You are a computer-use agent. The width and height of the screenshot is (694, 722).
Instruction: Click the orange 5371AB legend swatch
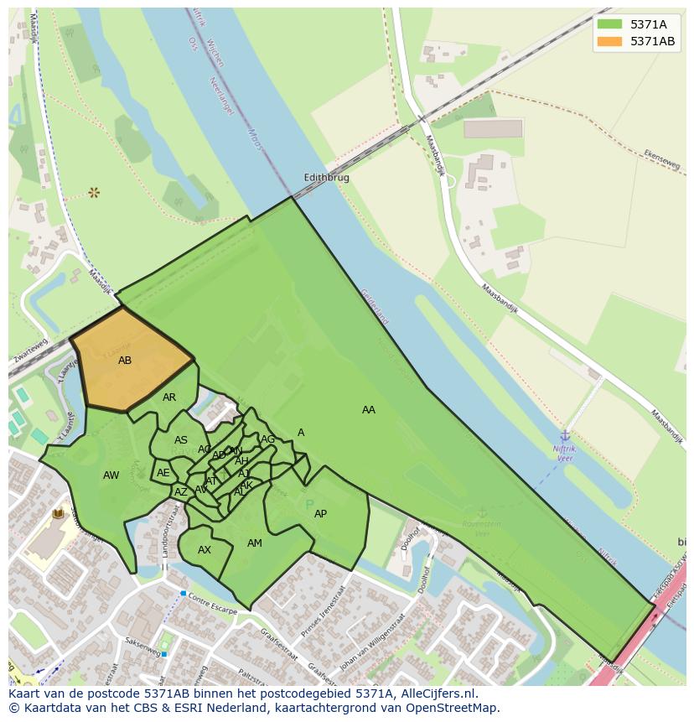tap(609, 41)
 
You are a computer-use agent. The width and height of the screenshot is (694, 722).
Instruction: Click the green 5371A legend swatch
tap(609, 24)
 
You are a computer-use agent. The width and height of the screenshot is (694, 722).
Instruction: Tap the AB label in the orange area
tap(125, 361)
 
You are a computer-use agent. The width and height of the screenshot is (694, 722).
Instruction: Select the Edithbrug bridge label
tap(326, 178)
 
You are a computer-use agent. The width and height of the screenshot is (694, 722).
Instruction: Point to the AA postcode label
tap(369, 410)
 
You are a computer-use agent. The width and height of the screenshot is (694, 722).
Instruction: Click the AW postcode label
tap(111, 475)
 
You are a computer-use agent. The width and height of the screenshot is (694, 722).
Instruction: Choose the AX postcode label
tap(205, 550)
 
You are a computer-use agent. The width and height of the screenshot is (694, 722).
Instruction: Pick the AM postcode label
tap(255, 543)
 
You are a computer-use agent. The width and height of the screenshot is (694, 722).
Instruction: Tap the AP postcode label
tap(320, 514)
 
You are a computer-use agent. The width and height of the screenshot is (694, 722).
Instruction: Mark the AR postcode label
tap(169, 397)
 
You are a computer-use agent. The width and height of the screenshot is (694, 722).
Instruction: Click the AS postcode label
tap(181, 440)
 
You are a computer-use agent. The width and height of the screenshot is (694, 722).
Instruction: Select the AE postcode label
tap(163, 473)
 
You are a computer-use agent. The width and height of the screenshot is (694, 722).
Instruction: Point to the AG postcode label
tap(268, 439)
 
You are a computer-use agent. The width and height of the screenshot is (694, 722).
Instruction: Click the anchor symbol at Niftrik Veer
tap(565, 436)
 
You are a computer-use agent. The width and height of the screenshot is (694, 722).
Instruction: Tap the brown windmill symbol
tap(94, 193)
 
